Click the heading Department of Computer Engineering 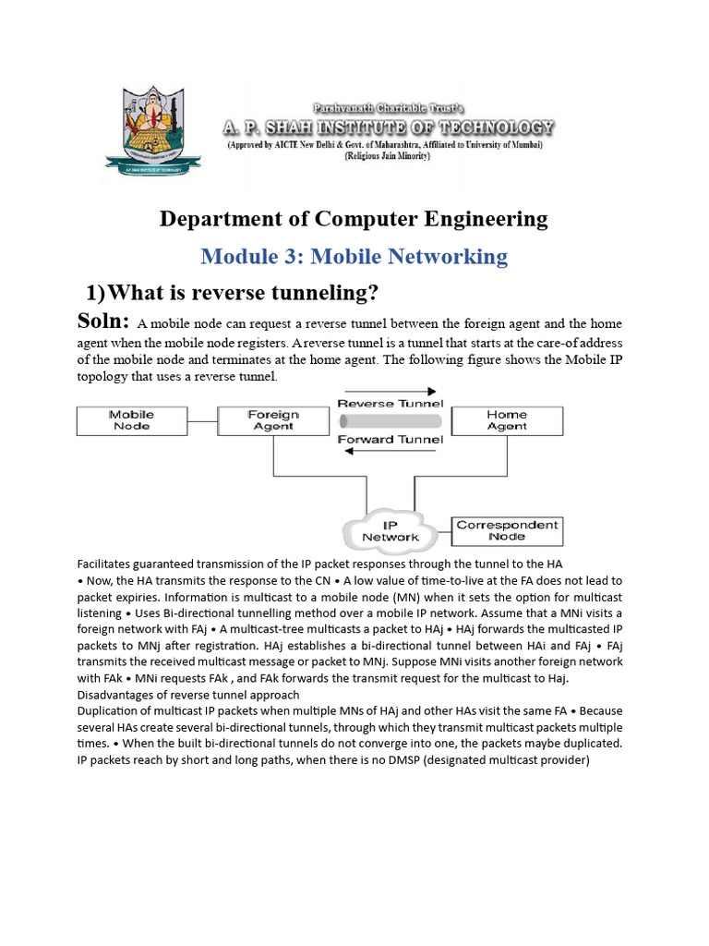pyautogui.click(x=354, y=219)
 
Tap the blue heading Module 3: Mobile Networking pyautogui.click(x=354, y=256)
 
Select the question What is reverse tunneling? pyautogui.click(x=232, y=293)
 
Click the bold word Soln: pyautogui.click(x=103, y=322)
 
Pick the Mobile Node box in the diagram pyautogui.click(x=132, y=420)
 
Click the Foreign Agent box pyautogui.click(x=273, y=420)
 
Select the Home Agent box pyautogui.click(x=507, y=420)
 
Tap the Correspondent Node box pyautogui.click(x=507, y=530)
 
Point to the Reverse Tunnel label pyautogui.click(x=391, y=404)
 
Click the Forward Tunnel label pyautogui.click(x=391, y=440)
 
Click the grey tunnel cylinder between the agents pyautogui.click(x=391, y=421)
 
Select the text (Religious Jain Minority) pyautogui.click(x=387, y=156)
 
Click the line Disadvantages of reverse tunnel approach pyautogui.click(x=188, y=695)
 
